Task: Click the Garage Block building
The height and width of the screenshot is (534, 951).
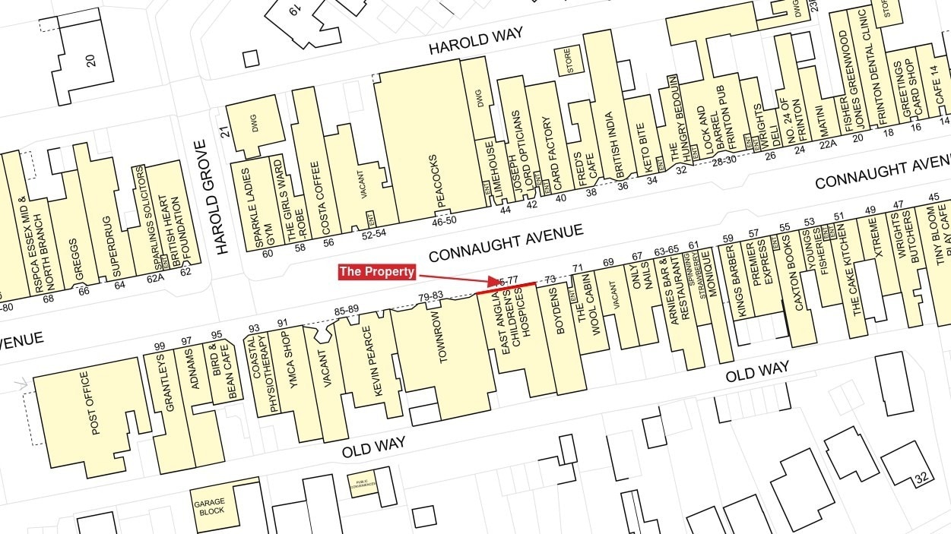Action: coord(210,507)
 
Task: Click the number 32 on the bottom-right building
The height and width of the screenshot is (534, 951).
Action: coord(923,479)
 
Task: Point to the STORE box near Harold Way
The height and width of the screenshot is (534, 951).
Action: coord(566,61)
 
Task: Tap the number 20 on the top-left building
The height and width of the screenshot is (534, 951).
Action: coord(91,60)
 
